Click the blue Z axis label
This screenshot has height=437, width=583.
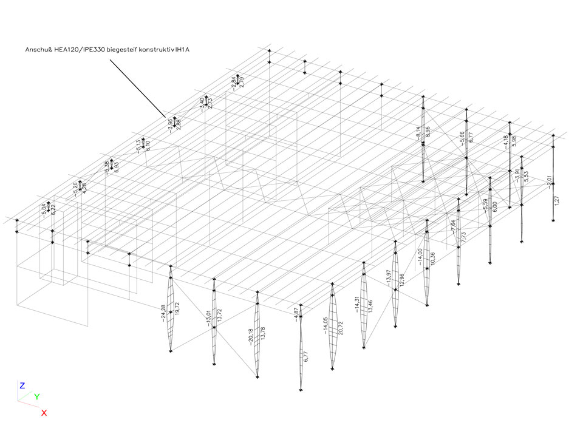22,385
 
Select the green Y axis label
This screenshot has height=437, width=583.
36,397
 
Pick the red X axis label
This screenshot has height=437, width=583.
44,413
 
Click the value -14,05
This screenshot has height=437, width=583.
326,325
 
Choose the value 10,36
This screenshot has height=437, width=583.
432,258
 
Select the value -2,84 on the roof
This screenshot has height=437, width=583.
233,82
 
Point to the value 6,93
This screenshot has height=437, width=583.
116,167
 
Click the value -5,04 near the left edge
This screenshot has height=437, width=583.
44,209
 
